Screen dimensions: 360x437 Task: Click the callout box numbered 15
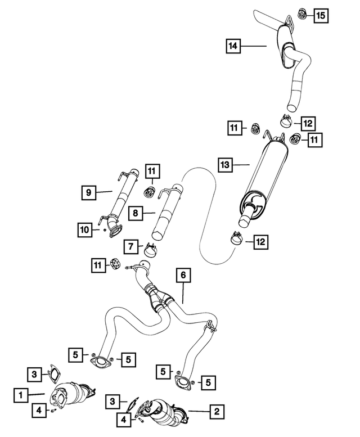coord(321,15)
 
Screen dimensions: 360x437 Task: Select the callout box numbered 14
coord(233,46)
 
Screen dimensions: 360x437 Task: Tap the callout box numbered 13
coord(225,165)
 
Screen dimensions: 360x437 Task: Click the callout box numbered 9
coord(89,192)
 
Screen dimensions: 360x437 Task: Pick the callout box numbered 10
coord(85,230)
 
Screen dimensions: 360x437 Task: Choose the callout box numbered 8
coord(136,213)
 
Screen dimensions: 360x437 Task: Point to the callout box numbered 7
coord(131,246)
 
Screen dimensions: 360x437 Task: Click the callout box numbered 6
coord(183,275)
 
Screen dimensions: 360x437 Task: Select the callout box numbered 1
coord(21,395)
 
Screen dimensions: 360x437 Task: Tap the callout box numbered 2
coord(217,411)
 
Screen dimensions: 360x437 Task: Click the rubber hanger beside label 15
coord(302,14)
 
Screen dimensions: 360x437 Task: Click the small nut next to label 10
coord(104,230)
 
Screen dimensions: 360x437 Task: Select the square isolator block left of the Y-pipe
coord(115,264)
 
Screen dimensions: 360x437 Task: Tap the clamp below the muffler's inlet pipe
coord(237,238)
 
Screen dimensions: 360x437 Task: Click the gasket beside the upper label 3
coord(54,373)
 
